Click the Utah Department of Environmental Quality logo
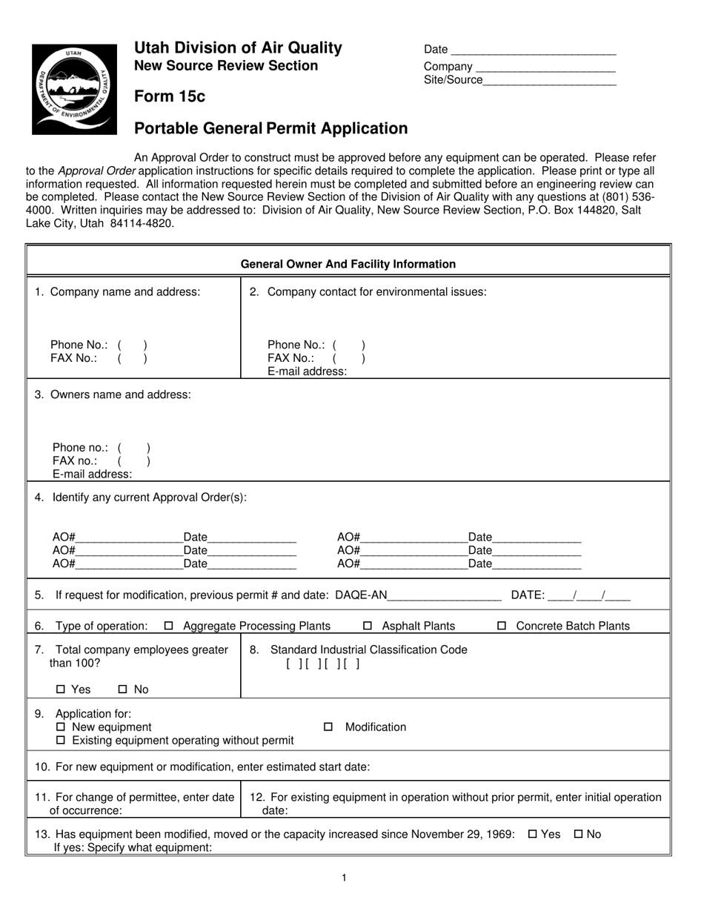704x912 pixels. click(x=74, y=89)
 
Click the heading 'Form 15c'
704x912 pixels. click(x=170, y=97)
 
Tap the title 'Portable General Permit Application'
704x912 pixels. click(x=270, y=129)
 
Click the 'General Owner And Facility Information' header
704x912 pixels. click(x=348, y=264)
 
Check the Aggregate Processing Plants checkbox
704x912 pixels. click(x=168, y=626)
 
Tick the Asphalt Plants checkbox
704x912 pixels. click(x=368, y=626)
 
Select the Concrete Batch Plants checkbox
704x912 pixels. click(x=502, y=626)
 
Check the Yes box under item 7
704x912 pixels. click(x=61, y=690)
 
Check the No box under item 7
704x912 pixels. click(x=123, y=690)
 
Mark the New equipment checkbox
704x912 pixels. click(x=61, y=727)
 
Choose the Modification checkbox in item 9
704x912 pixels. click(x=328, y=727)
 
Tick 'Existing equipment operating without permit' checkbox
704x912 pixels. click(x=61, y=741)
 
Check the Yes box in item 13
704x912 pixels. click(x=532, y=834)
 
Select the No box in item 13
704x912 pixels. click(x=579, y=834)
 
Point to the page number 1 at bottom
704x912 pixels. click(x=345, y=878)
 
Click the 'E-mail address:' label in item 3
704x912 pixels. click(x=93, y=475)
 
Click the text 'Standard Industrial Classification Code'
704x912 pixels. click(x=369, y=650)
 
